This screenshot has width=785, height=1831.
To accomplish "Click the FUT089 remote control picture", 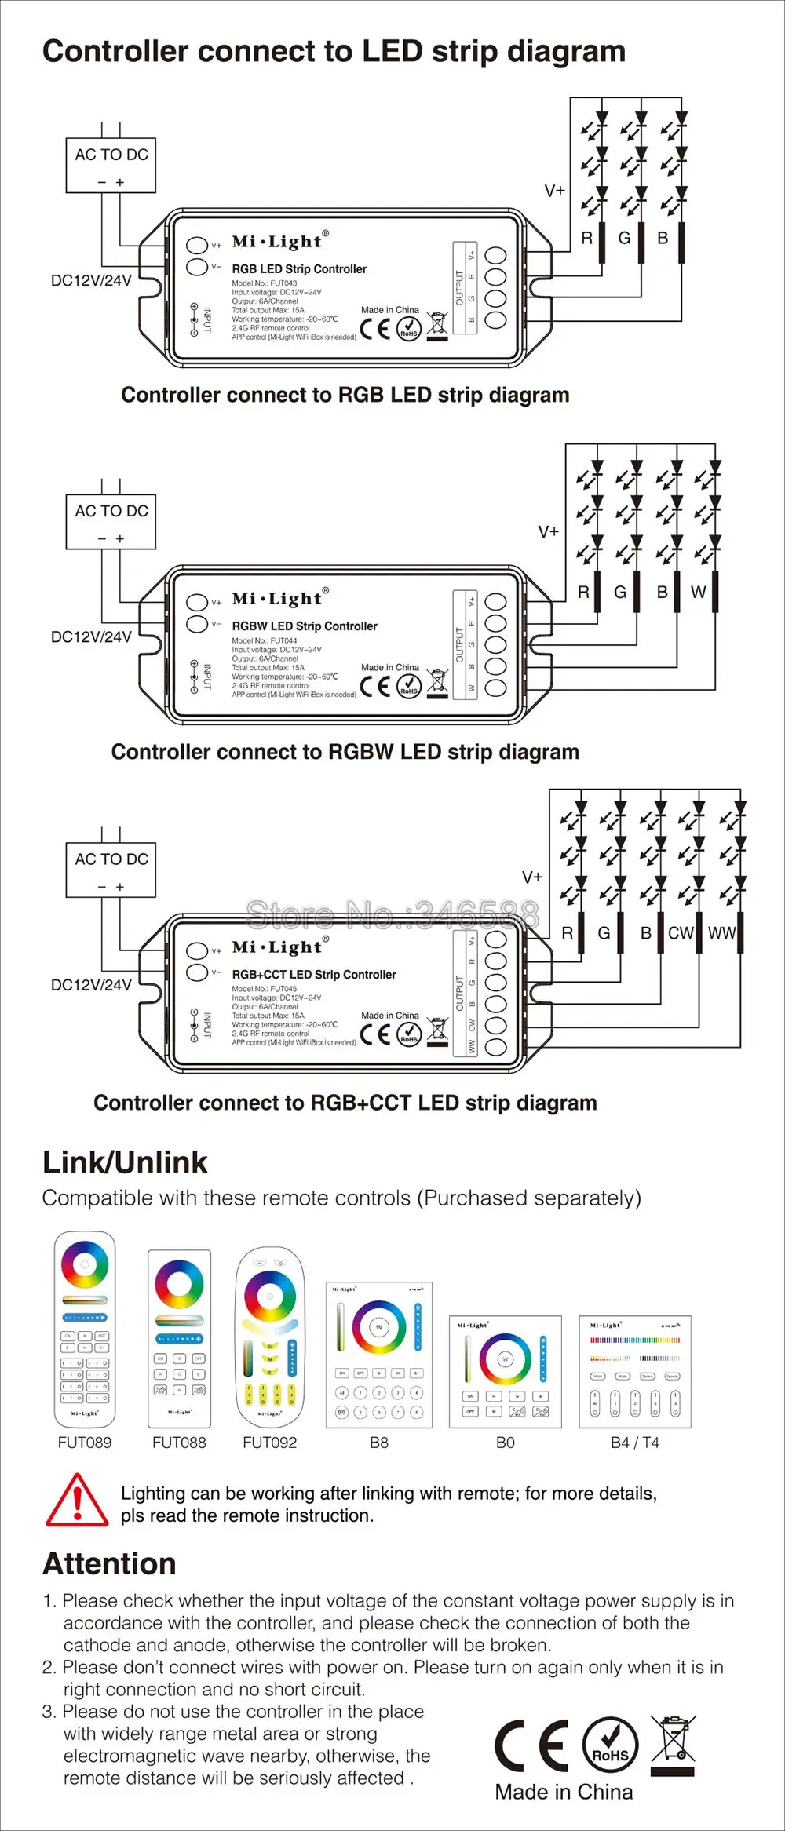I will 85,1328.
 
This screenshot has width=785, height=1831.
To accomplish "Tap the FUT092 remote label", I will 270,1443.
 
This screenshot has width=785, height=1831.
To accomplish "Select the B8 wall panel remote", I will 379,1355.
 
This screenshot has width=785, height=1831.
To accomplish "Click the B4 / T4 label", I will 635,1443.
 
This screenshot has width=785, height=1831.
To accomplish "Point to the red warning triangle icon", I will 77,1501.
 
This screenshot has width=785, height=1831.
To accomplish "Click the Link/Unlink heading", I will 125,1162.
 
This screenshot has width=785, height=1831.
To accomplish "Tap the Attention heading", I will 109,1563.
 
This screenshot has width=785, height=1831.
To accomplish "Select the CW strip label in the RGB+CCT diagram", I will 681,933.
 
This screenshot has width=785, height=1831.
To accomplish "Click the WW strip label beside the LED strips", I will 721,933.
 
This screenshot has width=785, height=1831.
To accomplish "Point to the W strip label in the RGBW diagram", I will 698,592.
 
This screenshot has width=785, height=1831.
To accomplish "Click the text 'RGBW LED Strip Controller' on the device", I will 305,626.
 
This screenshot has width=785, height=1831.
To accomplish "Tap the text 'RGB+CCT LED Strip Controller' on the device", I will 314,975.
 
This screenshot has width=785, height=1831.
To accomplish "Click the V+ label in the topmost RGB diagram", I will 554,191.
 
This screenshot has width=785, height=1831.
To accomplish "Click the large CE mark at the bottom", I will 531,1746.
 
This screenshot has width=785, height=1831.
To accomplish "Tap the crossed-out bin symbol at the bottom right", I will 674,1741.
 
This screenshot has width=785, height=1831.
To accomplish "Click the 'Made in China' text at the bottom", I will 564,1792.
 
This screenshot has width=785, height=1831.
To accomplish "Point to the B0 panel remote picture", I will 506,1371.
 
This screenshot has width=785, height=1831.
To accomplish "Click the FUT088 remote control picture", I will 180,1338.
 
